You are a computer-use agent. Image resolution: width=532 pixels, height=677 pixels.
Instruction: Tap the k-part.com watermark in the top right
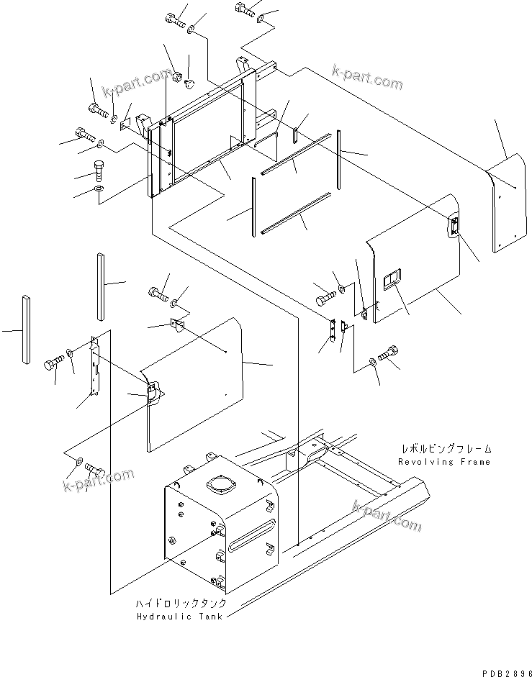click(x=367, y=77)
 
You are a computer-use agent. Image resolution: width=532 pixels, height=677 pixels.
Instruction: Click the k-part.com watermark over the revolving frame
click(x=386, y=516)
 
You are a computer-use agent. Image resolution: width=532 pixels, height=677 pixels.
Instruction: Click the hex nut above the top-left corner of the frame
click(x=176, y=76)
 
